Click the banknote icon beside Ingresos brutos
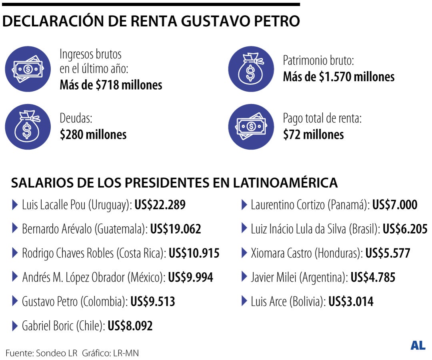point(28,69)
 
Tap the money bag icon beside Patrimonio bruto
point(251,69)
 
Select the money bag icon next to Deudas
point(28,127)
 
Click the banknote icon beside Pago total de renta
point(251,127)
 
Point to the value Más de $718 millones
point(111,85)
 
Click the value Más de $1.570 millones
point(338,77)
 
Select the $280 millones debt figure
point(93,134)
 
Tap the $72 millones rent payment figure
point(313,134)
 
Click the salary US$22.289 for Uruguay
point(160,205)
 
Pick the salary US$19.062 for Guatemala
point(175,229)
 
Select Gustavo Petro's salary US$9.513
point(153,301)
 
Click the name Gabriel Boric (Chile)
point(64,326)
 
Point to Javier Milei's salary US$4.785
point(373,277)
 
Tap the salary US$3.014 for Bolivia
point(351,301)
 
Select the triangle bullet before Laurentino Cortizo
point(244,205)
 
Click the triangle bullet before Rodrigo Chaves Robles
point(15,253)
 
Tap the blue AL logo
point(418,346)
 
